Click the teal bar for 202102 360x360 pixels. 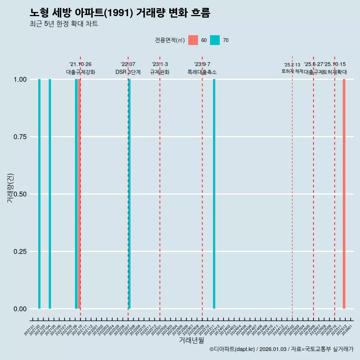39,194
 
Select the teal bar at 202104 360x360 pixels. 50,194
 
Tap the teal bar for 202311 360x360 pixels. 214,194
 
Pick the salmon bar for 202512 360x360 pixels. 344,194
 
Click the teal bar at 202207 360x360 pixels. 129,194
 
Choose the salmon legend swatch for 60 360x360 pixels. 193,40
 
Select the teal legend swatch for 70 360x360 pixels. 215,40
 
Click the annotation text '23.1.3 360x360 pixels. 160,64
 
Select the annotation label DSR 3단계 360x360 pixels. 128,72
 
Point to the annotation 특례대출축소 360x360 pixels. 202,72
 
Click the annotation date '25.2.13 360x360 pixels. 292,65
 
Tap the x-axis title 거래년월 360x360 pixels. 191,340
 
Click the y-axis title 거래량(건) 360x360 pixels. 10,188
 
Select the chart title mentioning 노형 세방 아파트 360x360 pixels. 120,13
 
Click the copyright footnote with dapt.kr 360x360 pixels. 281,349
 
